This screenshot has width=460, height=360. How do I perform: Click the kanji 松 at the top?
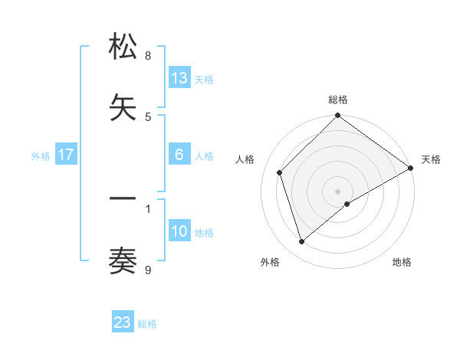pyautogui.click(x=123, y=47)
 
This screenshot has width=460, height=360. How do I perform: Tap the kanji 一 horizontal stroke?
pyautogui.click(x=123, y=200)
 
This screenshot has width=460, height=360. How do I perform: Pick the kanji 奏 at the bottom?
pyautogui.click(x=123, y=261)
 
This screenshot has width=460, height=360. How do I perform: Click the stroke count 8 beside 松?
pyautogui.click(x=148, y=56)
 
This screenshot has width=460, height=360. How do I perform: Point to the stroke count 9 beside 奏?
pyautogui.click(x=148, y=270)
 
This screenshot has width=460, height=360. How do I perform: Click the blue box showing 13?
pyautogui.click(x=179, y=77)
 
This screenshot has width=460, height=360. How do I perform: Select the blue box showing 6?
pyautogui.click(x=179, y=154)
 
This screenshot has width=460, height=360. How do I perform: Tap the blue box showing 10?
pyautogui.click(x=179, y=231)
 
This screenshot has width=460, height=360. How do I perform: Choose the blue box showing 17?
pyautogui.click(x=66, y=155)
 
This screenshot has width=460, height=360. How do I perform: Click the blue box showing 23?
pyautogui.click(x=123, y=322)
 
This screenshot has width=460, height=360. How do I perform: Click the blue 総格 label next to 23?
pyautogui.click(x=148, y=324)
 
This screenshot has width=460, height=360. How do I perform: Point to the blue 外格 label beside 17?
pyautogui.click(x=41, y=156)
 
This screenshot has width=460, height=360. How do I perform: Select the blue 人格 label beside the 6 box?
pyautogui.click(x=204, y=156)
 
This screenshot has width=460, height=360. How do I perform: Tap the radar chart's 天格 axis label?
pyautogui.click(x=431, y=159)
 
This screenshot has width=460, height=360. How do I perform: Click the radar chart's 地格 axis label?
pyautogui.click(x=402, y=262)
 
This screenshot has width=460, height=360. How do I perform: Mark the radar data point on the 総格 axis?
pyautogui.click(x=337, y=116)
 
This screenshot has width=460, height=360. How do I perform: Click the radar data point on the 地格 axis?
pyautogui.click(x=347, y=204)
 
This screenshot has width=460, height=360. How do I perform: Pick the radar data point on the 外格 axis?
pyautogui.click(x=301, y=242)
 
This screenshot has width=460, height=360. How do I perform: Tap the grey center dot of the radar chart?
pyautogui.click(x=337, y=191)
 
